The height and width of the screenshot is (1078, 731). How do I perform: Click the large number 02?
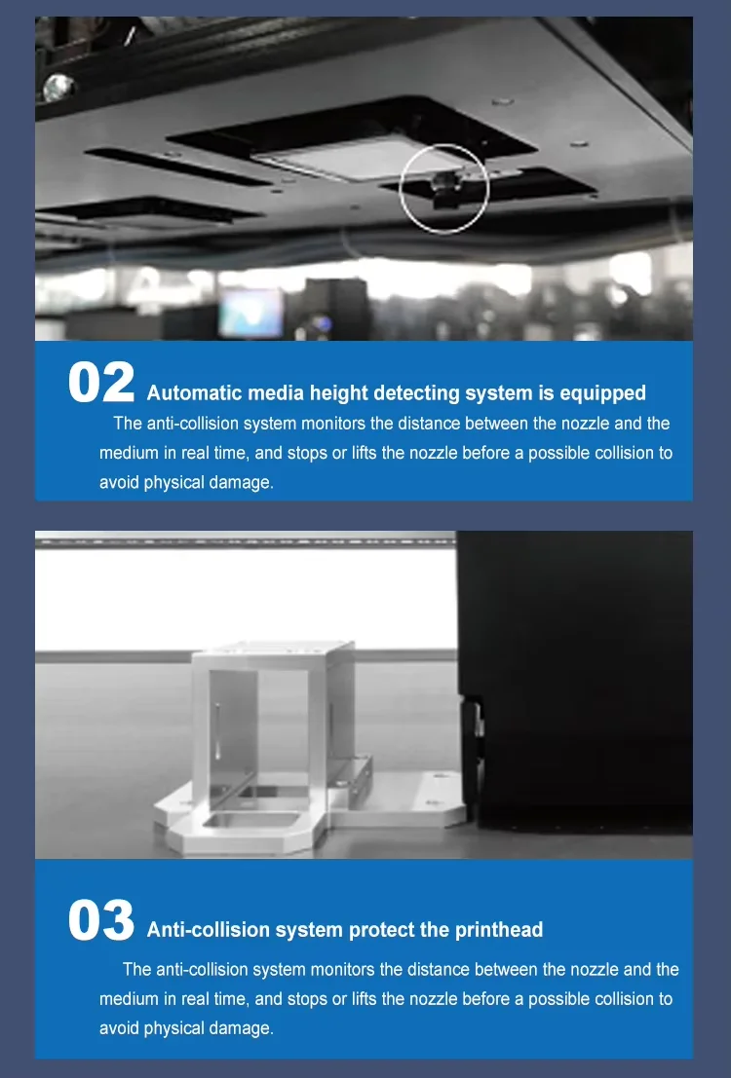pyautogui.click(x=101, y=383)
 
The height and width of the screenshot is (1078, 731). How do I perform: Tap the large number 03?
pyautogui.click(x=101, y=920)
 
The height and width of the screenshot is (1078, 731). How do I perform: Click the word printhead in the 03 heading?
pyautogui.click(x=499, y=930)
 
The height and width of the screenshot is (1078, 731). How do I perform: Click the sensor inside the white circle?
pyautogui.click(x=444, y=187)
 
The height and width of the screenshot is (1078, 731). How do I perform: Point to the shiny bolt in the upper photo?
pyautogui.click(x=58, y=88)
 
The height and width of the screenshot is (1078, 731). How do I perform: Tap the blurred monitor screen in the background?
pyautogui.click(x=250, y=313)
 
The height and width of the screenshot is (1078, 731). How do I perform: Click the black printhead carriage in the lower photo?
pyautogui.click(x=575, y=681)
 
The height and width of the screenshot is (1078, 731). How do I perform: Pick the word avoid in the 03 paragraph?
pyautogui.click(x=119, y=1027)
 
